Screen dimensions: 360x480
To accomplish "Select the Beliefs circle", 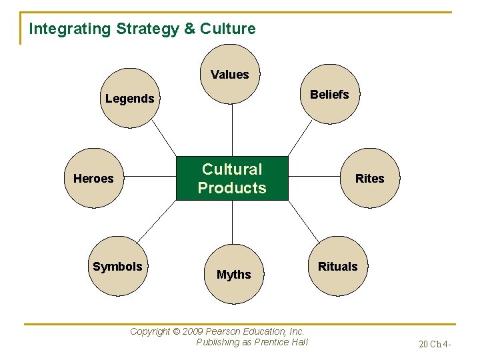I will coord(329,95).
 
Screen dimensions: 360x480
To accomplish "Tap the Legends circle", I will coord(130,99).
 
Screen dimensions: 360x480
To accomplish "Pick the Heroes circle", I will coord(93,178).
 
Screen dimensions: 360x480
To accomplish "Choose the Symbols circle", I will coord(117,267).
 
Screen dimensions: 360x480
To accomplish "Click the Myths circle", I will coord(233,274).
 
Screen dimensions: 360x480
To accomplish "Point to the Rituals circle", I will coord(337,267).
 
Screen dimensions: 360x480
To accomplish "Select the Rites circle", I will coord(369,178).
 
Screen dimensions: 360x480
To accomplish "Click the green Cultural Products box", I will coord(232,178).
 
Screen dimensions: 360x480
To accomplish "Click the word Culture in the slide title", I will coord(227,29).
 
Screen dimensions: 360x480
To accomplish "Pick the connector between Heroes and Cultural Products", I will coord(150,178).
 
